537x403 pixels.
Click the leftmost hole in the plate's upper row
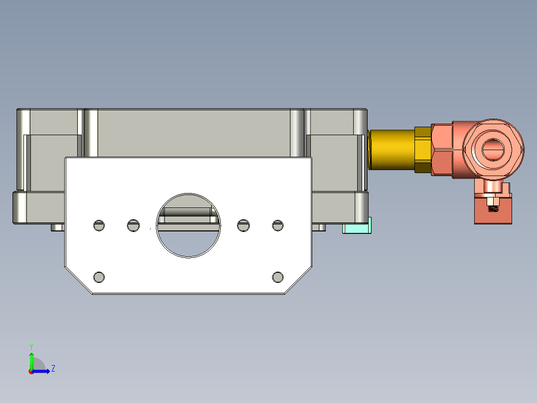(99, 225)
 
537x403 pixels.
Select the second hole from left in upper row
(133, 225)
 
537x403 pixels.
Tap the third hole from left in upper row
(243, 225)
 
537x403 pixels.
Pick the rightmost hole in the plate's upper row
(277, 225)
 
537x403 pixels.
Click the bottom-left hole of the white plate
(99, 277)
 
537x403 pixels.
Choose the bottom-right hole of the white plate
(278, 277)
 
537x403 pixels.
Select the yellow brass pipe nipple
(392, 150)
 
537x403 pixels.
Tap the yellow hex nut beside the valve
(423, 150)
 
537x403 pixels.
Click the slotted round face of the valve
(493, 149)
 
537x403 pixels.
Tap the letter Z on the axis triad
(53, 369)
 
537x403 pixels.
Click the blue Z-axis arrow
(43, 371)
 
